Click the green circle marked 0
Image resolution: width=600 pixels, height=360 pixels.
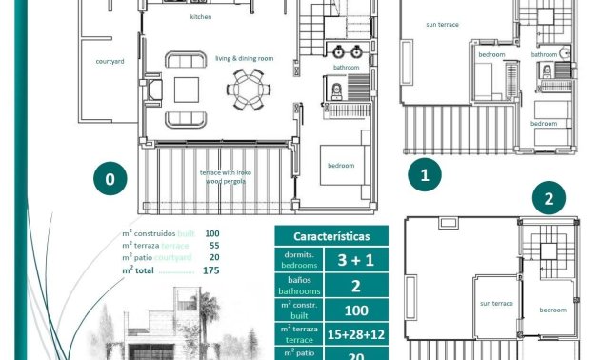[110, 178]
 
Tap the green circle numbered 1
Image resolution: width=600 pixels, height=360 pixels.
[425, 175]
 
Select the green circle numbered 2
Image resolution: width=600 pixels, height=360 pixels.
[549, 200]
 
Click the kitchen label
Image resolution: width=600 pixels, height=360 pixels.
[201, 17]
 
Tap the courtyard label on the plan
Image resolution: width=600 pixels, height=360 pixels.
[110, 60]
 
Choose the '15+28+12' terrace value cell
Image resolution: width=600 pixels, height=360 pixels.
[354, 333]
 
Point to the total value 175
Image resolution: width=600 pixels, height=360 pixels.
[211, 270]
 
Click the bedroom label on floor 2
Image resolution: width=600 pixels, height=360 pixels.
[552, 310]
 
